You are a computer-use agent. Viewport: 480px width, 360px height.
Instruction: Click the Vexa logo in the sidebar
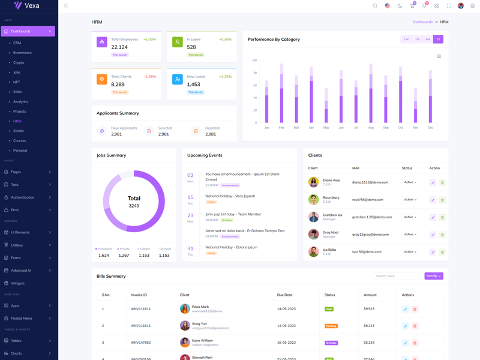[x=26, y=6]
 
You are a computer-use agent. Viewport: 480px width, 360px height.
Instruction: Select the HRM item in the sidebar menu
[x=17, y=121]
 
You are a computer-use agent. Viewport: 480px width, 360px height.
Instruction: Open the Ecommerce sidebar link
[x=22, y=53]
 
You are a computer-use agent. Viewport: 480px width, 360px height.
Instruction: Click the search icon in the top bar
[x=375, y=6]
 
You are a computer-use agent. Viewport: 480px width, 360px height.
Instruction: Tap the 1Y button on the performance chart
[x=438, y=39]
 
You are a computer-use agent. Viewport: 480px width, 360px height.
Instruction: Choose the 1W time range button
[x=406, y=39]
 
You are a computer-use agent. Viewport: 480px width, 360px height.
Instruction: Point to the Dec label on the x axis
[x=430, y=128]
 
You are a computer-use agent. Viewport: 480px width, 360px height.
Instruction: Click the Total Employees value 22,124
[x=119, y=47]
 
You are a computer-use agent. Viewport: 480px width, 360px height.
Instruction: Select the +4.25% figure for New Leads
[x=225, y=77]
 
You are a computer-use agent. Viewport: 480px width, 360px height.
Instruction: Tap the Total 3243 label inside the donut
[x=134, y=202]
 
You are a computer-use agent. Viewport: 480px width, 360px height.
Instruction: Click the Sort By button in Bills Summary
[x=433, y=276]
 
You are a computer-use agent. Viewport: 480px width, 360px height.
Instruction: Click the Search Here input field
[x=395, y=276]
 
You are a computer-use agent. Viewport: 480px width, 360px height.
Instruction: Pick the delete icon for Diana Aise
[x=442, y=182]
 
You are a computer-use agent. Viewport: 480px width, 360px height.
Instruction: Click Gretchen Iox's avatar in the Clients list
[x=313, y=217]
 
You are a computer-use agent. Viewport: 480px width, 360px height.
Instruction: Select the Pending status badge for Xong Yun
[x=331, y=326]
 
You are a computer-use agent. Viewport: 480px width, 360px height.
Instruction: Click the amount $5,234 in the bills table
[x=368, y=343]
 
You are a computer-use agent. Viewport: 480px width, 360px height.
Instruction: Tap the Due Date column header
[x=284, y=295]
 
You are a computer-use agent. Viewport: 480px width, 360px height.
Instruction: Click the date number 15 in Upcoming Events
[x=190, y=197]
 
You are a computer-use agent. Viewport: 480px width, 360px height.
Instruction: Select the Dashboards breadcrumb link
[x=422, y=22]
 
